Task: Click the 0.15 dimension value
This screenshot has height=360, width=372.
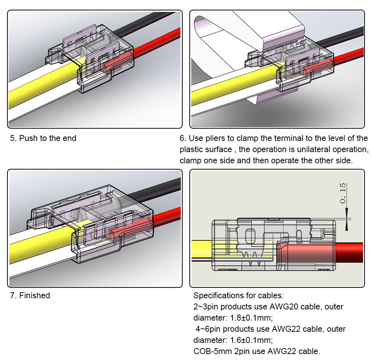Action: click(x=343, y=193)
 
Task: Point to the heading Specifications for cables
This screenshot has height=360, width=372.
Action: click(x=238, y=296)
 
